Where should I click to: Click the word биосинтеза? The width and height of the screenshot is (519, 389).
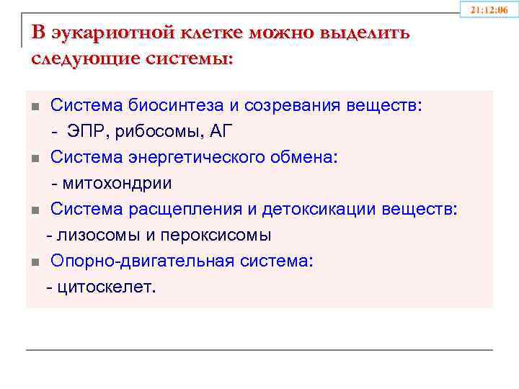click(167, 107)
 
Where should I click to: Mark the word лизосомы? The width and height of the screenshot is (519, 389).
click(89, 236)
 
